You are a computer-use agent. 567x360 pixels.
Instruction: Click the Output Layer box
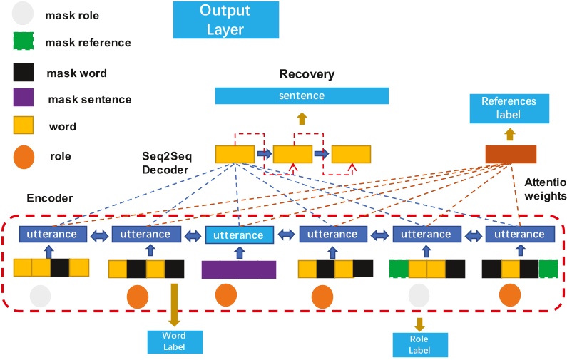[x=220, y=20]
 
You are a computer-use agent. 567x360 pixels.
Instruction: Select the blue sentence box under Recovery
[x=302, y=96]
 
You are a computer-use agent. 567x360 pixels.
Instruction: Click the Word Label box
[x=173, y=340]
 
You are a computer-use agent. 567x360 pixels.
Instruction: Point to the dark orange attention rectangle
[x=510, y=153]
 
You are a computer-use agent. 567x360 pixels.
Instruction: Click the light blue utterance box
[x=238, y=235]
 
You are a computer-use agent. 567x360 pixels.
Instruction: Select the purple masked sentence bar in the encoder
[x=238, y=269]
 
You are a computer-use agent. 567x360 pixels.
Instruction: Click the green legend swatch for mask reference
[x=24, y=41]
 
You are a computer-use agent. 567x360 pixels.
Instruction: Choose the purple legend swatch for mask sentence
[x=24, y=99]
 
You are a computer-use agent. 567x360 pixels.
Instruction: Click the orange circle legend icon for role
[x=24, y=156]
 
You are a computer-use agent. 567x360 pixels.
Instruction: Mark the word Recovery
[x=307, y=74]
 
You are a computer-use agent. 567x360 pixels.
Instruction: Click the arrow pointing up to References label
[x=509, y=133]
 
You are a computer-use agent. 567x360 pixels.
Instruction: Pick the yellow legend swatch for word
[x=24, y=126]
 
